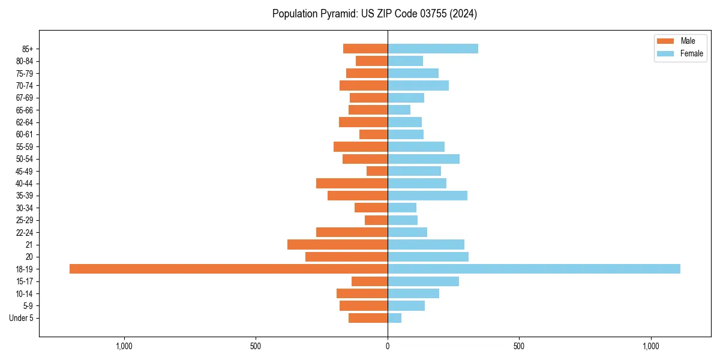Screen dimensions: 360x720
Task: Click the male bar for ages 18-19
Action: (229, 269)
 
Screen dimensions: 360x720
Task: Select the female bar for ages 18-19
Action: (534, 269)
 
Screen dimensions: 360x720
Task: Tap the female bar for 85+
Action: (433, 49)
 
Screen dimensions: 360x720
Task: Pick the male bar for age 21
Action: (337, 245)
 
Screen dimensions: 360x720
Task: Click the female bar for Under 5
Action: (395, 318)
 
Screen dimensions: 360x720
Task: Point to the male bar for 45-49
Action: (377, 171)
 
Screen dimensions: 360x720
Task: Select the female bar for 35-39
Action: (427, 196)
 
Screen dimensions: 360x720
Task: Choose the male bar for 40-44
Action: (352, 184)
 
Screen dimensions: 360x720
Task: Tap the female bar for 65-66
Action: (399, 110)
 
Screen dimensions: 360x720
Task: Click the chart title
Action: (374, 14)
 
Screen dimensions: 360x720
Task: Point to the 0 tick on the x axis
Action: (388, 346)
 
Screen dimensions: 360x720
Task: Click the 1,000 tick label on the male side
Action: (124, 346)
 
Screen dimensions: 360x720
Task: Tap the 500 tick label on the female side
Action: (519, 346)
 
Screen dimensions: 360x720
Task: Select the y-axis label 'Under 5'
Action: (21, 318)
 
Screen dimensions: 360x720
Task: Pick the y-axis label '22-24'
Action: (25, 232)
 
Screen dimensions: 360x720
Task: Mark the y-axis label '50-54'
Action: (25, 159)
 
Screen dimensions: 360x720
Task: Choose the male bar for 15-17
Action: (370, 281)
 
